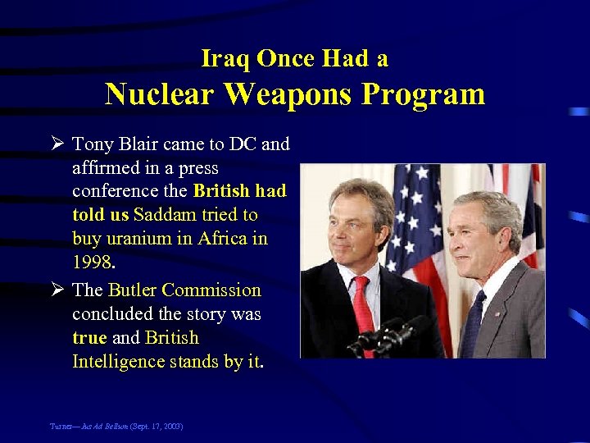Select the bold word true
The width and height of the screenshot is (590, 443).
[x=88, y=338]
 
